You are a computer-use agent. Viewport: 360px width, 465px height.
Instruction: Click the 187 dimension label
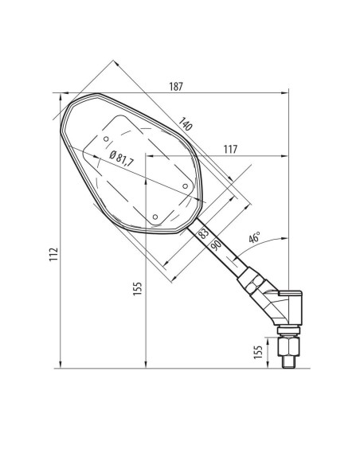coord(176,87)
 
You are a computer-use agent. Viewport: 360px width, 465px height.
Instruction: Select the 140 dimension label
coord(186,124)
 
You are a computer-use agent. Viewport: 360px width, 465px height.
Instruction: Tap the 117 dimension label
coord(230,149)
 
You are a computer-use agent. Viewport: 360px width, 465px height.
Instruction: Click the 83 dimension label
coord(203,233)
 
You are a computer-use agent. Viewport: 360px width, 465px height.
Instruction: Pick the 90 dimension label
coord(216,245)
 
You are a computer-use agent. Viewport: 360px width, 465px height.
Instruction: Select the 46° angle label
coord(254,237)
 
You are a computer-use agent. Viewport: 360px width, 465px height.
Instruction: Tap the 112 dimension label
coord(53,254)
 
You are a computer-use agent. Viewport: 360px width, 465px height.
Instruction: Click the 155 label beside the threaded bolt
coord(258,352)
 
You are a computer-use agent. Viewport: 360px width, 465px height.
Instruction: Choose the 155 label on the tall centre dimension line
coord(137,288)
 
